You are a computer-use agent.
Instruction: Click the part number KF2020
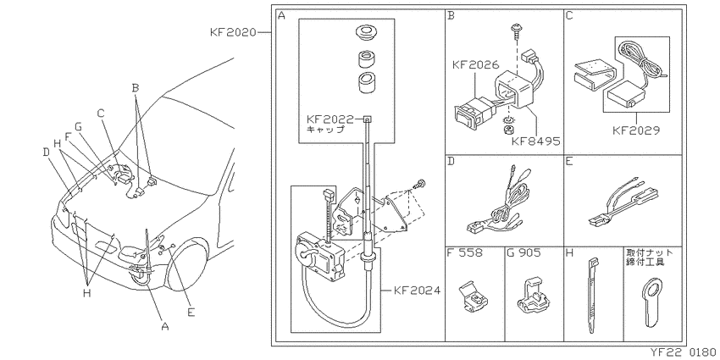tap(233, 32)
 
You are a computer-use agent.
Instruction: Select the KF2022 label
tap(330, 119)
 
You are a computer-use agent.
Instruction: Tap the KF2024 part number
tap(417, 291)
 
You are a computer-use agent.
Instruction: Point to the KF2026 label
tap(475, 64)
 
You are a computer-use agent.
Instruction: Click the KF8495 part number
tap(537, 141)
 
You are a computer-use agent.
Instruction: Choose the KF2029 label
tap(636, 130)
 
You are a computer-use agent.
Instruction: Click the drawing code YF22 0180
tap(684, 353)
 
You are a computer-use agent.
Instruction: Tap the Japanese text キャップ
tap(325, 130)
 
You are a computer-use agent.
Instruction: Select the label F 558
tap(464, 252)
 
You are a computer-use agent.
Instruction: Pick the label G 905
tap(524, 252)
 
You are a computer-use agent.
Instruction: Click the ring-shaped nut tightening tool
tap(651, 302)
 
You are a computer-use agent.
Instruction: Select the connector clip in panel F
tap(473, 298)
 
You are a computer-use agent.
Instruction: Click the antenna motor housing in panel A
tap(319, 258)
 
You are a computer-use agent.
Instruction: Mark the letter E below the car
tap(191, 313)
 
